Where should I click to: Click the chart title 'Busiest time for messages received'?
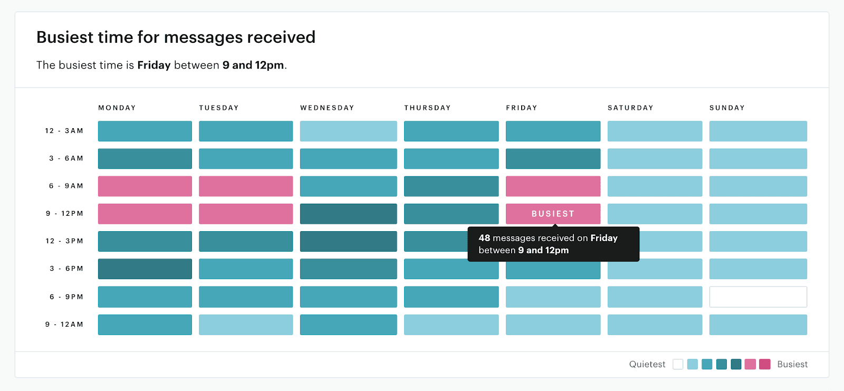176,37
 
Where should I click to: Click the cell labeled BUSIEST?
553,214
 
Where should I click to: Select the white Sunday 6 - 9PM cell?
758,297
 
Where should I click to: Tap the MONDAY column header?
117,108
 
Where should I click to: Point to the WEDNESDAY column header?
327,108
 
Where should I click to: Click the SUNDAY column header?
727,108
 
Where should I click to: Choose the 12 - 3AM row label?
64,131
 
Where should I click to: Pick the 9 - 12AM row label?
64,325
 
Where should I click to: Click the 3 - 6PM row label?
66,269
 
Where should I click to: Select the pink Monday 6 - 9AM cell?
145,186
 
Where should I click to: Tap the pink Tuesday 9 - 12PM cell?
246,214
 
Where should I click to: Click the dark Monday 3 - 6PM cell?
145,269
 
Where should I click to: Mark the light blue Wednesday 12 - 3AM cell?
348,131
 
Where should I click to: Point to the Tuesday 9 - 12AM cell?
246,325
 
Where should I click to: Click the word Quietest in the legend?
647,364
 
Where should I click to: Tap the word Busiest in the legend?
792,364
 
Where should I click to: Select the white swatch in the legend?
678,364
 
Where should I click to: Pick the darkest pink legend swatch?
765,364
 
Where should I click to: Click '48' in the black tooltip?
484,238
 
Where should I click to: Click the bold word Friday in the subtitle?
154,65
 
